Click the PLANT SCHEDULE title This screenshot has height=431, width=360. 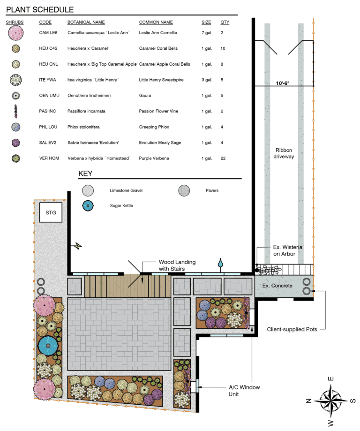tap(40, 10)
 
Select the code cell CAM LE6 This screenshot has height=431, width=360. tap(48, 33)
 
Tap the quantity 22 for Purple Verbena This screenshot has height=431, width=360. tap(223, 159)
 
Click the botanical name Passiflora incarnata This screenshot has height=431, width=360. tap(86, 111)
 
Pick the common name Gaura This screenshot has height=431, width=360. tap(145, 95)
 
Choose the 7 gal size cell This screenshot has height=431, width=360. tap(206, 33)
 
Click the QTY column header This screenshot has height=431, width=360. tap(225, 22)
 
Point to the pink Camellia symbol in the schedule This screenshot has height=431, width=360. tap(15, 33)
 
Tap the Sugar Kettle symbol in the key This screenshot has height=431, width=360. tap(88, 205)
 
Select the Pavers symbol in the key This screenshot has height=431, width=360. tap(184, 190)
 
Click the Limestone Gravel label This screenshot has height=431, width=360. tap(126, 190)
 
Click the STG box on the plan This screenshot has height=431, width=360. tap(51, 212)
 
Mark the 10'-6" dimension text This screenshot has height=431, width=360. tap(283, 83)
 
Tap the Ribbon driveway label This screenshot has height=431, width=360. tap(284, 153)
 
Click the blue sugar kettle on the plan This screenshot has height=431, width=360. tap(48, 346)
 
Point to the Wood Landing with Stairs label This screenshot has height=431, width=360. tap(177, 265)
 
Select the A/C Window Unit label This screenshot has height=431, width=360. tap(244, 391)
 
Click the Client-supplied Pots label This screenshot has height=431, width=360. tap(292, 329)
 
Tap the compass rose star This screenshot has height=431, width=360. tap(331, 401)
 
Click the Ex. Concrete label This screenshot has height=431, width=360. tap(277, 286)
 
